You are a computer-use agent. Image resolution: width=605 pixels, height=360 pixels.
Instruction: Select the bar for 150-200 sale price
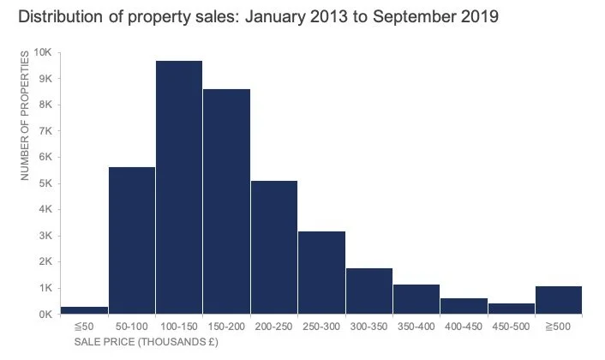point(226,201)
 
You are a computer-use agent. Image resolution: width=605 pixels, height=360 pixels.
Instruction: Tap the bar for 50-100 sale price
point(132,240)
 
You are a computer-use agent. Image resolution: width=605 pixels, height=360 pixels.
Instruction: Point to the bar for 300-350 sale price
point(369,291)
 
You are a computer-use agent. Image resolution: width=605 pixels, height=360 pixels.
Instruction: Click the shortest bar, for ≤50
point(85,309)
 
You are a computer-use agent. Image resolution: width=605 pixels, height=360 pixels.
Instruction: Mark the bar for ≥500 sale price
point(559,299)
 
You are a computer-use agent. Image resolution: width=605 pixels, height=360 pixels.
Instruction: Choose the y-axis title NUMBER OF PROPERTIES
point(25,116)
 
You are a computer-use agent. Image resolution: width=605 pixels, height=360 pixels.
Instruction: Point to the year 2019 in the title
point(477,17)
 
